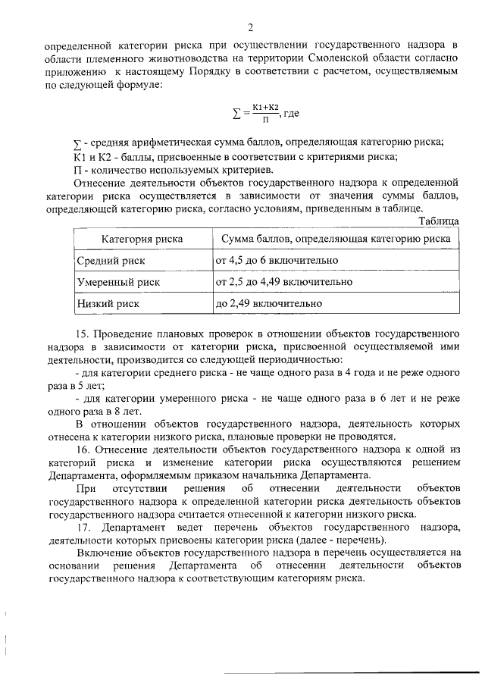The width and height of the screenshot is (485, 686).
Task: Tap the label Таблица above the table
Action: pos(439,221)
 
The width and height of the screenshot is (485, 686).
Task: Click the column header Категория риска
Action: pos(142,239)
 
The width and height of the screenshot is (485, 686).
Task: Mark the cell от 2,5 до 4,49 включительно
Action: pos(284,282)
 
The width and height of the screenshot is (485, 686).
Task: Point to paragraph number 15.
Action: pos(84,334)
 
